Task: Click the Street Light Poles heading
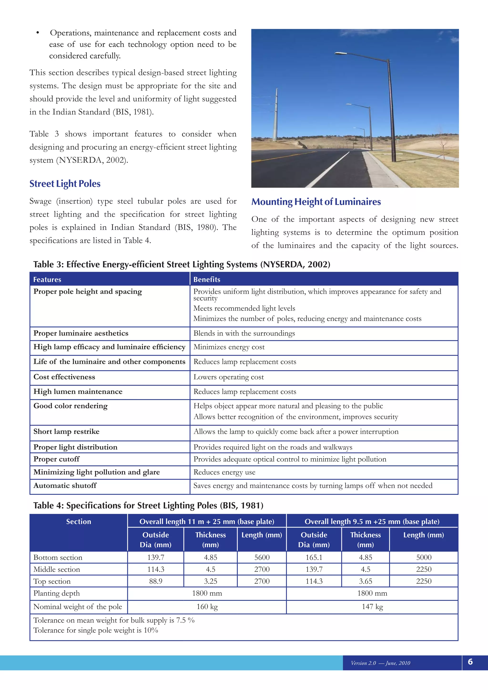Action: tap(65, 184)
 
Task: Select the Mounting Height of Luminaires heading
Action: tap(316, 202)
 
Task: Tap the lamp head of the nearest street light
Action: tap(341, 54)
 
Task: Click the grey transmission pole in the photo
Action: tap(275, 117)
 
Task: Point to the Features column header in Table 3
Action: tap(47, 279)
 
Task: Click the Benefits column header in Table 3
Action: tap(207, 279)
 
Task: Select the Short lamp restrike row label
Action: tap(66, 431)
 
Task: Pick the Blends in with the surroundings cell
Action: tap(244, 333)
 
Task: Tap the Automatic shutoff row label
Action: tap(65, 486)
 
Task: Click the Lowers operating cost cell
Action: tap(228, 377)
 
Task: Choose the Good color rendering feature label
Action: tap(70, 406)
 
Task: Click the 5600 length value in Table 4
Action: tap(262, 558)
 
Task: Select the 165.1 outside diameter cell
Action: tap(314, 558)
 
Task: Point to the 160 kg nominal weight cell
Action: tap(207, 607)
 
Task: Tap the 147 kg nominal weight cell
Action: tap(372, 607)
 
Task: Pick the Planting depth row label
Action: tap(56, 593)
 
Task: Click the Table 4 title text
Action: tap(148, 506)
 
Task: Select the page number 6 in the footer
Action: tap(470, 662)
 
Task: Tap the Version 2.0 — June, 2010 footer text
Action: tap(381, 663)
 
